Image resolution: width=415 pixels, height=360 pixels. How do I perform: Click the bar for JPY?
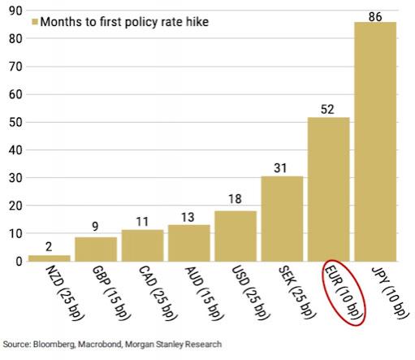(x=374, y=141)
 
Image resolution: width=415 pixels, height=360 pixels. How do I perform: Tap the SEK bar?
(x=282, y=219)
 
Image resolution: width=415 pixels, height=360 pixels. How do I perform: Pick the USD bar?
(x=235, y=236)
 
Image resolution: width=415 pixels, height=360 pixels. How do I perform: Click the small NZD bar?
(x=49, y=258)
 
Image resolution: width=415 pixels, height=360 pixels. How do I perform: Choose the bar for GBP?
(x=96, y=249)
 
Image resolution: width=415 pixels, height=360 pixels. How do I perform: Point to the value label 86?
(x=374, y=15)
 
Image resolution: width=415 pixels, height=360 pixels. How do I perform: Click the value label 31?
(x=282, y=167)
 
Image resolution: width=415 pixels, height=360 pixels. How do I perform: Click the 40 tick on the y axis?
(x=13, y=150)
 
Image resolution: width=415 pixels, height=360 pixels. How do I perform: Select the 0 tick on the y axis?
(x=16, y=262)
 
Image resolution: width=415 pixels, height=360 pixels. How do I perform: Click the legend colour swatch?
(x=33, y=21)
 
